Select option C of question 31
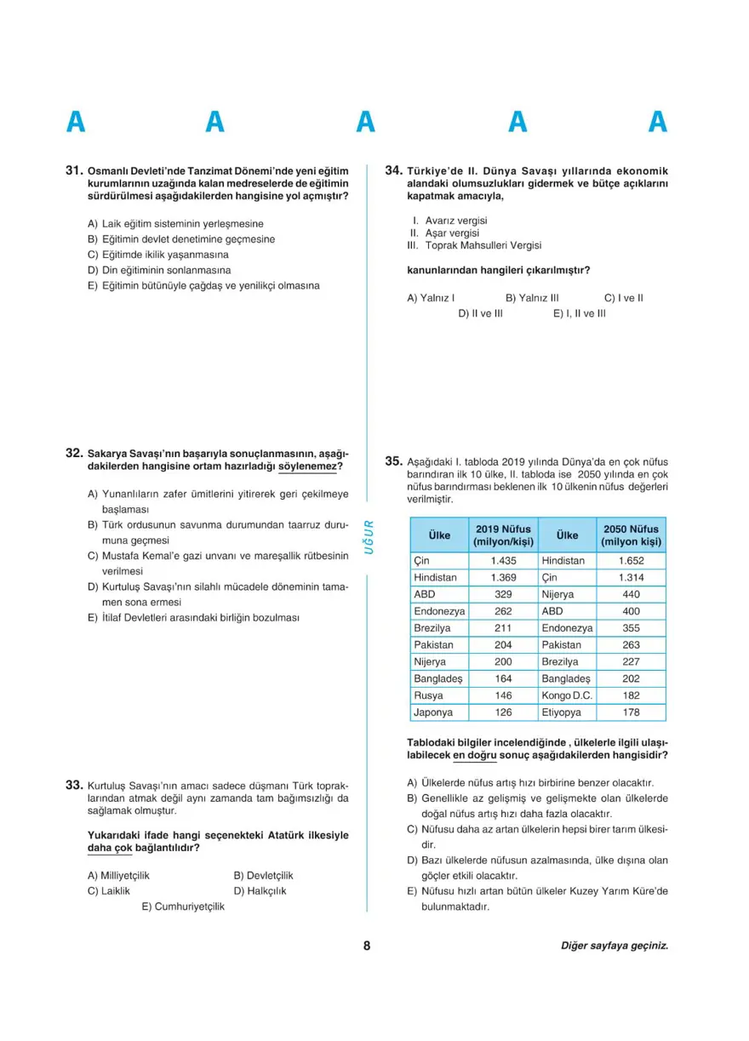(158, 255)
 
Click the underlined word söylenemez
(310, 466)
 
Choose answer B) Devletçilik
(263, 875)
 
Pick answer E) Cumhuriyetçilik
(183, 907)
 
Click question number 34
(393, 171)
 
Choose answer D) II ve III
(480, 313)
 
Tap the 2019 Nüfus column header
(502, 535)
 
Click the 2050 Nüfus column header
(631, 535)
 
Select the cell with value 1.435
(503, 561)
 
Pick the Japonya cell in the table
(433, 712)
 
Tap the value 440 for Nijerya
(631, 594)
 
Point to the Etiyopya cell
(562, 712)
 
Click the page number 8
(367, 946)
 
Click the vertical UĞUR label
(369, 536)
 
